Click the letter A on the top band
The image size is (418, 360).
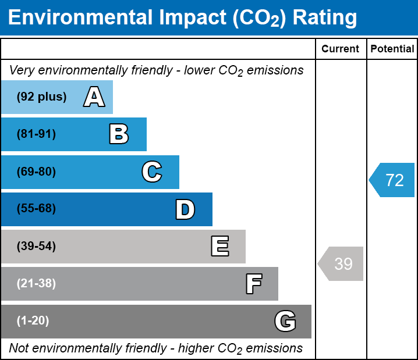pos(94,97)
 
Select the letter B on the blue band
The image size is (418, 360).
pos(119,134)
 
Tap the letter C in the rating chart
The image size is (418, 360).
pos(152,172)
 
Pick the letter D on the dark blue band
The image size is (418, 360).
pos(185,209)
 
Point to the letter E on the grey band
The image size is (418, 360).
pos(219,247)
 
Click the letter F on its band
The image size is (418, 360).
pos(253,284)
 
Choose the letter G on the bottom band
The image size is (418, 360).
pos(285,321)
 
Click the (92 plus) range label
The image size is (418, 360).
pos(41,97)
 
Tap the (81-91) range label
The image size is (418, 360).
pos(36,134)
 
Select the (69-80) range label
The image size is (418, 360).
pos(36,172)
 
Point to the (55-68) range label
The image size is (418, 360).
pos(36,209)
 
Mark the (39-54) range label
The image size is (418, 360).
pos(36,247)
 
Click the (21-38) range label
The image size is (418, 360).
pos(36,284)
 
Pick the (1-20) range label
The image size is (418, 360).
pos(33,321)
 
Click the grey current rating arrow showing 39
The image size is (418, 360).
pos(341,264)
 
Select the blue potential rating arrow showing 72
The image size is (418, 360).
pos(392,180)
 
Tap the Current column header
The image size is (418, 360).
pos(341,49)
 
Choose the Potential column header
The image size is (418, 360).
pos(392,49)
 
